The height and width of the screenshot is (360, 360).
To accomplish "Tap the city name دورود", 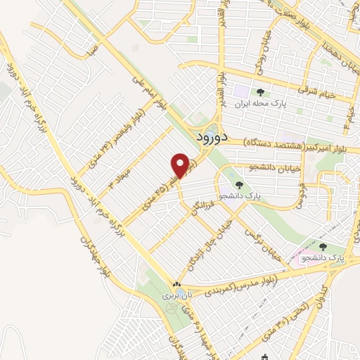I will (x=210, y=137).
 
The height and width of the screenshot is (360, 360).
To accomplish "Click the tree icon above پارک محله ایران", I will (x=261, y=92).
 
